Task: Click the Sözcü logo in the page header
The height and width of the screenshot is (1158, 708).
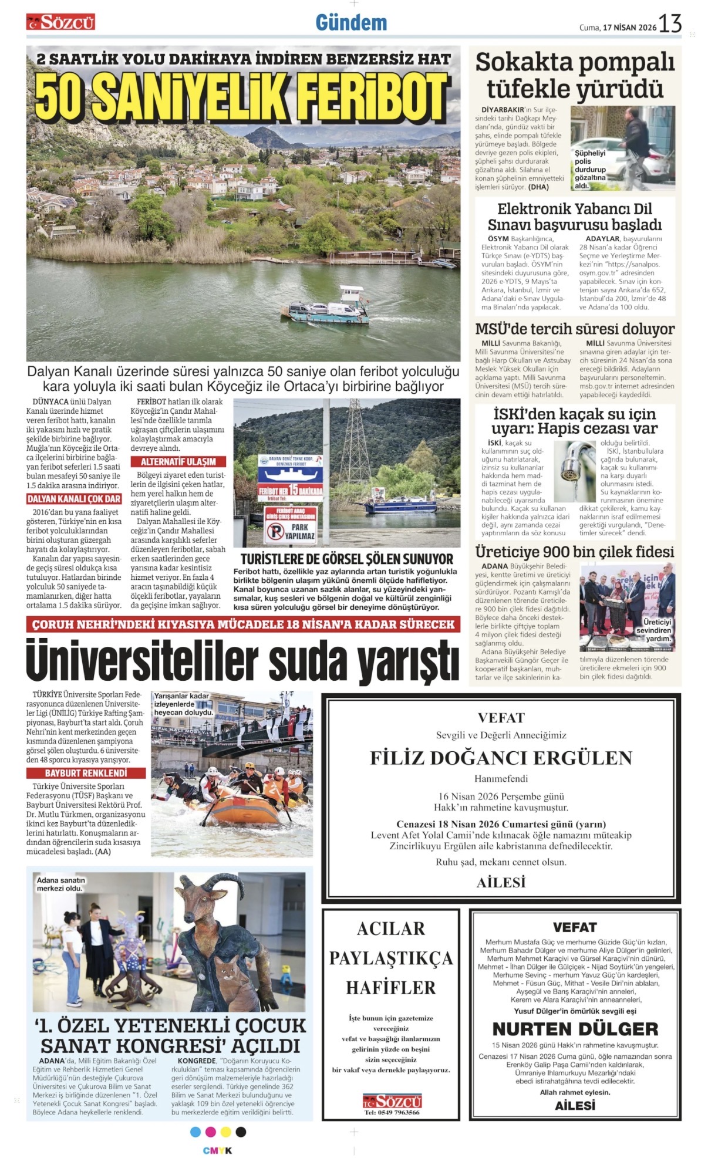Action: pyautogui.click(x=60, y=22)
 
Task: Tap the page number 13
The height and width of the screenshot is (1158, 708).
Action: pyautogui.click(x=670, y=23)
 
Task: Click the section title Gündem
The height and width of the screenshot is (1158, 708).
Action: pyautogui.click(x=351, y=23)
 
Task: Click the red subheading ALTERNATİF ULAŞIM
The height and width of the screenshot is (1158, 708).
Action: pyautogui.click(x=178, y=461)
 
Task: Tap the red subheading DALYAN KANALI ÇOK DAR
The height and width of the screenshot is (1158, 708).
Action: pyautogui.click(x=74, y=499)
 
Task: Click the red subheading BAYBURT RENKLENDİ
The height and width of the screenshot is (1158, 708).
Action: pyautogui.click(x=86, y=773)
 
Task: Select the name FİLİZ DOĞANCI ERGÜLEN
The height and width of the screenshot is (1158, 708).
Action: pyautogui.click(x=501, y=758)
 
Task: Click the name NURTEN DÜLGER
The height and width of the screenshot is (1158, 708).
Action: pyautogui.click(x=575, y=1029)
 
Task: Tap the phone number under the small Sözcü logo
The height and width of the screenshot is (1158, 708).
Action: pyautogui.click(x=392, y=1112)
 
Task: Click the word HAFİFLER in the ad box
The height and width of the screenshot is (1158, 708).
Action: pyautogui.click(x=390, y=988)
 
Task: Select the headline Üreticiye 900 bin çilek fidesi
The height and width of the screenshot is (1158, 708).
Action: pyautogui.click(x=575, y=552)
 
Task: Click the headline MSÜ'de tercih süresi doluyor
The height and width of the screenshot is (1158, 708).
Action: pyautogui.click(x=575, y=329)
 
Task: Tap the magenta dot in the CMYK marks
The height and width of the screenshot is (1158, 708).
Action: pyautogui.click(x=210, y=1132)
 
